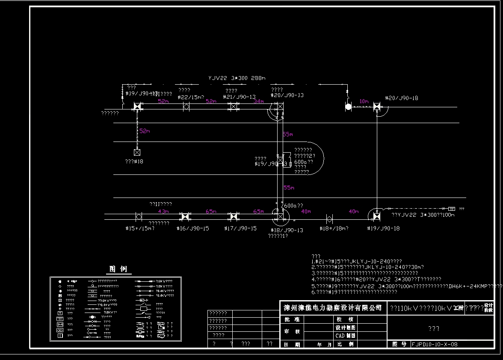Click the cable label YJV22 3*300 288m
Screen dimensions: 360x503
[237, 78]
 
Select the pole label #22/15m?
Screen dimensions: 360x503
[191, 97]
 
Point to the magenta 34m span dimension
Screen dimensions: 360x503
[258, 102]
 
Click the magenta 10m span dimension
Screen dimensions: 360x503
[364, 101]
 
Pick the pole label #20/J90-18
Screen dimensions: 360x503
[401, 98]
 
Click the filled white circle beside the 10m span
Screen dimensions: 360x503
[348, 106]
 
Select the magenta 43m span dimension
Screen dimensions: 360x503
[163, 211]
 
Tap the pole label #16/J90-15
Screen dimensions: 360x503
[192, 229]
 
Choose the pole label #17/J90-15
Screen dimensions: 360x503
[240, 229]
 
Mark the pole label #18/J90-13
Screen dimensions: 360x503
[287, 230]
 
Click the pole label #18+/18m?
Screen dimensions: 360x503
[334, 229]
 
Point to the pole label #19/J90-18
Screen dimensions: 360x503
[383, 229]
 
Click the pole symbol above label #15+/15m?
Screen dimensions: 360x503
[139, 217]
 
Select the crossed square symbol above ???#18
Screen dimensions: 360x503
[137, 152]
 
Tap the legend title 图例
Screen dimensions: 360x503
[118, 269]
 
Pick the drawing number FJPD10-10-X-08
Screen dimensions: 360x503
[434, 344]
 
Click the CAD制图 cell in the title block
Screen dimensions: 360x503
[345, 336]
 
